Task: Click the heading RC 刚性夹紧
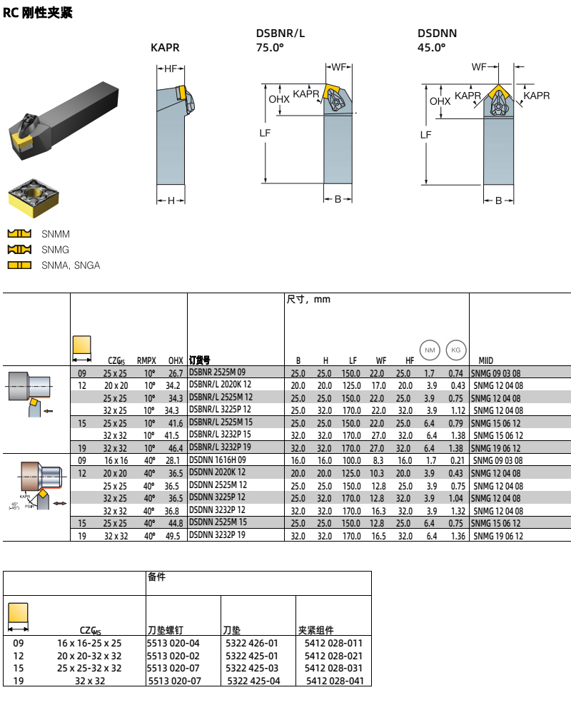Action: click(38, 13)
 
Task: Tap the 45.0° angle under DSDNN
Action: click(431, 48)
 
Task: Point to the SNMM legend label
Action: click(56, 234)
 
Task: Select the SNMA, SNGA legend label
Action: click(71, 265)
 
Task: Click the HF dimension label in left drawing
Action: click(171, 69)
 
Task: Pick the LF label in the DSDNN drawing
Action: click(425, 134)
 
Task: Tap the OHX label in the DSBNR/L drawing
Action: click(279, 99)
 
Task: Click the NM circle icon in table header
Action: click(430, 350)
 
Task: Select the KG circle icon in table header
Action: click(455, 350)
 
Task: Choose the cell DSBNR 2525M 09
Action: click(217, 373)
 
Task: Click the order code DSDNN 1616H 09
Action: click(217, 461)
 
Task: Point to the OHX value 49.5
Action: click(175, 536)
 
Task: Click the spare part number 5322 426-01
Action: click(251, 643)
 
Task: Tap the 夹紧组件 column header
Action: click(315, 630)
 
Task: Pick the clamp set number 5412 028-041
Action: click(335, 681)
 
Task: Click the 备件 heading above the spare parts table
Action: click(156, 577)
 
